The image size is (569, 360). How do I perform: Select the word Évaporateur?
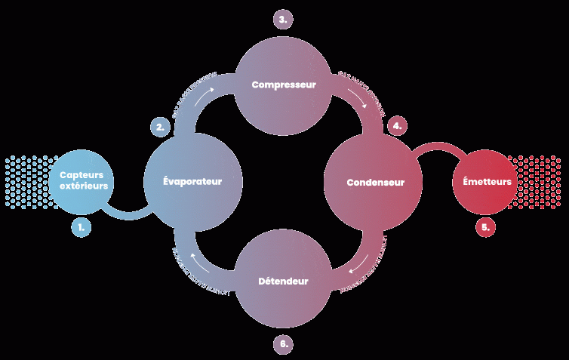coord(193,182)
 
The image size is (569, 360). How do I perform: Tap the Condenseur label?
coord(375,183)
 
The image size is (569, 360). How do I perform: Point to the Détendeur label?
coord(283,281)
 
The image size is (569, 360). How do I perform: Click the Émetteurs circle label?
coord(487,182)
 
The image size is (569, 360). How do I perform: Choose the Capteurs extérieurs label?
coord(84,180)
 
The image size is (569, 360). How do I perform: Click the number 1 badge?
coord(82,226)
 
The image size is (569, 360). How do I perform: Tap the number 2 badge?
coord(160,128)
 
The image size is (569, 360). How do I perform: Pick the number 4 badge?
coord(398,126)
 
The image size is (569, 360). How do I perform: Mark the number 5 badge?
coord(486,226)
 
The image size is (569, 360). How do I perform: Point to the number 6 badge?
coord(283,344)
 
